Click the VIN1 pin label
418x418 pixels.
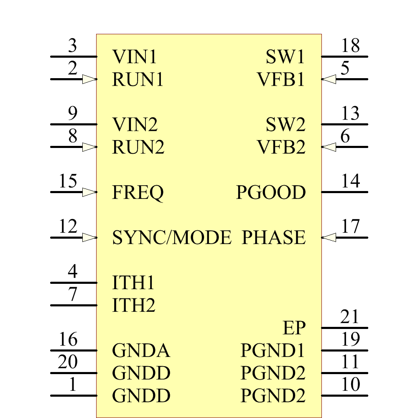click(x=135, y=57)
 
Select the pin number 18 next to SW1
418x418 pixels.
click(x=350, y=46)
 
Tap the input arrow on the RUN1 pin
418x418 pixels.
click(x=89, y=79)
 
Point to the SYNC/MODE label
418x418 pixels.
click(x=171, y=238)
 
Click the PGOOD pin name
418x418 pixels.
click(x=271, y=193)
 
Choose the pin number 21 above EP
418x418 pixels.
click(x=350, y=317)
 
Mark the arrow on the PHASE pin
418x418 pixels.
click(x=329, y=237)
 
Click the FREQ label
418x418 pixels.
click(x=138, y=193)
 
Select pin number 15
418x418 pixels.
click(x=68, y=181)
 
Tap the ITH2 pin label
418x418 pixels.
click(x=134, y=306)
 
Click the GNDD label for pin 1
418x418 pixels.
click(x=141, y=395)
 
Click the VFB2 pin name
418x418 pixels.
click(x=281, y=147)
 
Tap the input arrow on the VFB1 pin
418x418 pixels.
click(x=329, y=79)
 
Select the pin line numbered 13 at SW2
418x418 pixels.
click(x=345, y=124)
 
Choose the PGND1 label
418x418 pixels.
click(x=273, y=351)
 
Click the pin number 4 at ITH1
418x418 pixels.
click(x=73, y=272)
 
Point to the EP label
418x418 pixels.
click(x=294, y=328)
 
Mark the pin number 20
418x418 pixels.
click(x=68, y=362)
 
